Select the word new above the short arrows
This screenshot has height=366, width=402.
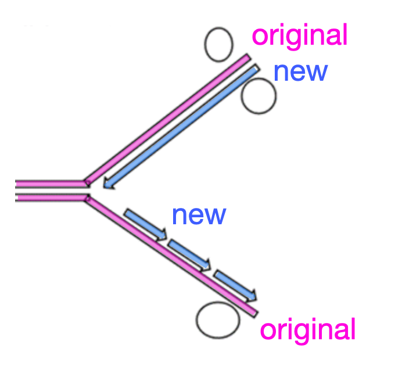pyautogui.click(x=198, y=215)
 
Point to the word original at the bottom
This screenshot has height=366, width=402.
pyautogui.click(x=307, y=330)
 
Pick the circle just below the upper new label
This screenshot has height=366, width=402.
pyautogui.click(x=259, y=96)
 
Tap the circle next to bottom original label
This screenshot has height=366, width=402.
pyautogui.click(x=218, y=320)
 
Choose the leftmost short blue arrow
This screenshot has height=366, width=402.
pyautogui.click(x=145, y=224)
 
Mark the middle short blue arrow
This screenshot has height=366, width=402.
pyautogui.click(x=189, y=255)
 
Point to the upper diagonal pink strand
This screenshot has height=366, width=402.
pyautogui.click(x=168, y=116)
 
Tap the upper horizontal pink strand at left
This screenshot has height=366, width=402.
pyautogui.click(x=49, y=184)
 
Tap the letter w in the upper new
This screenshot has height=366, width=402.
pyautogui.click(x=316, y=72)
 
